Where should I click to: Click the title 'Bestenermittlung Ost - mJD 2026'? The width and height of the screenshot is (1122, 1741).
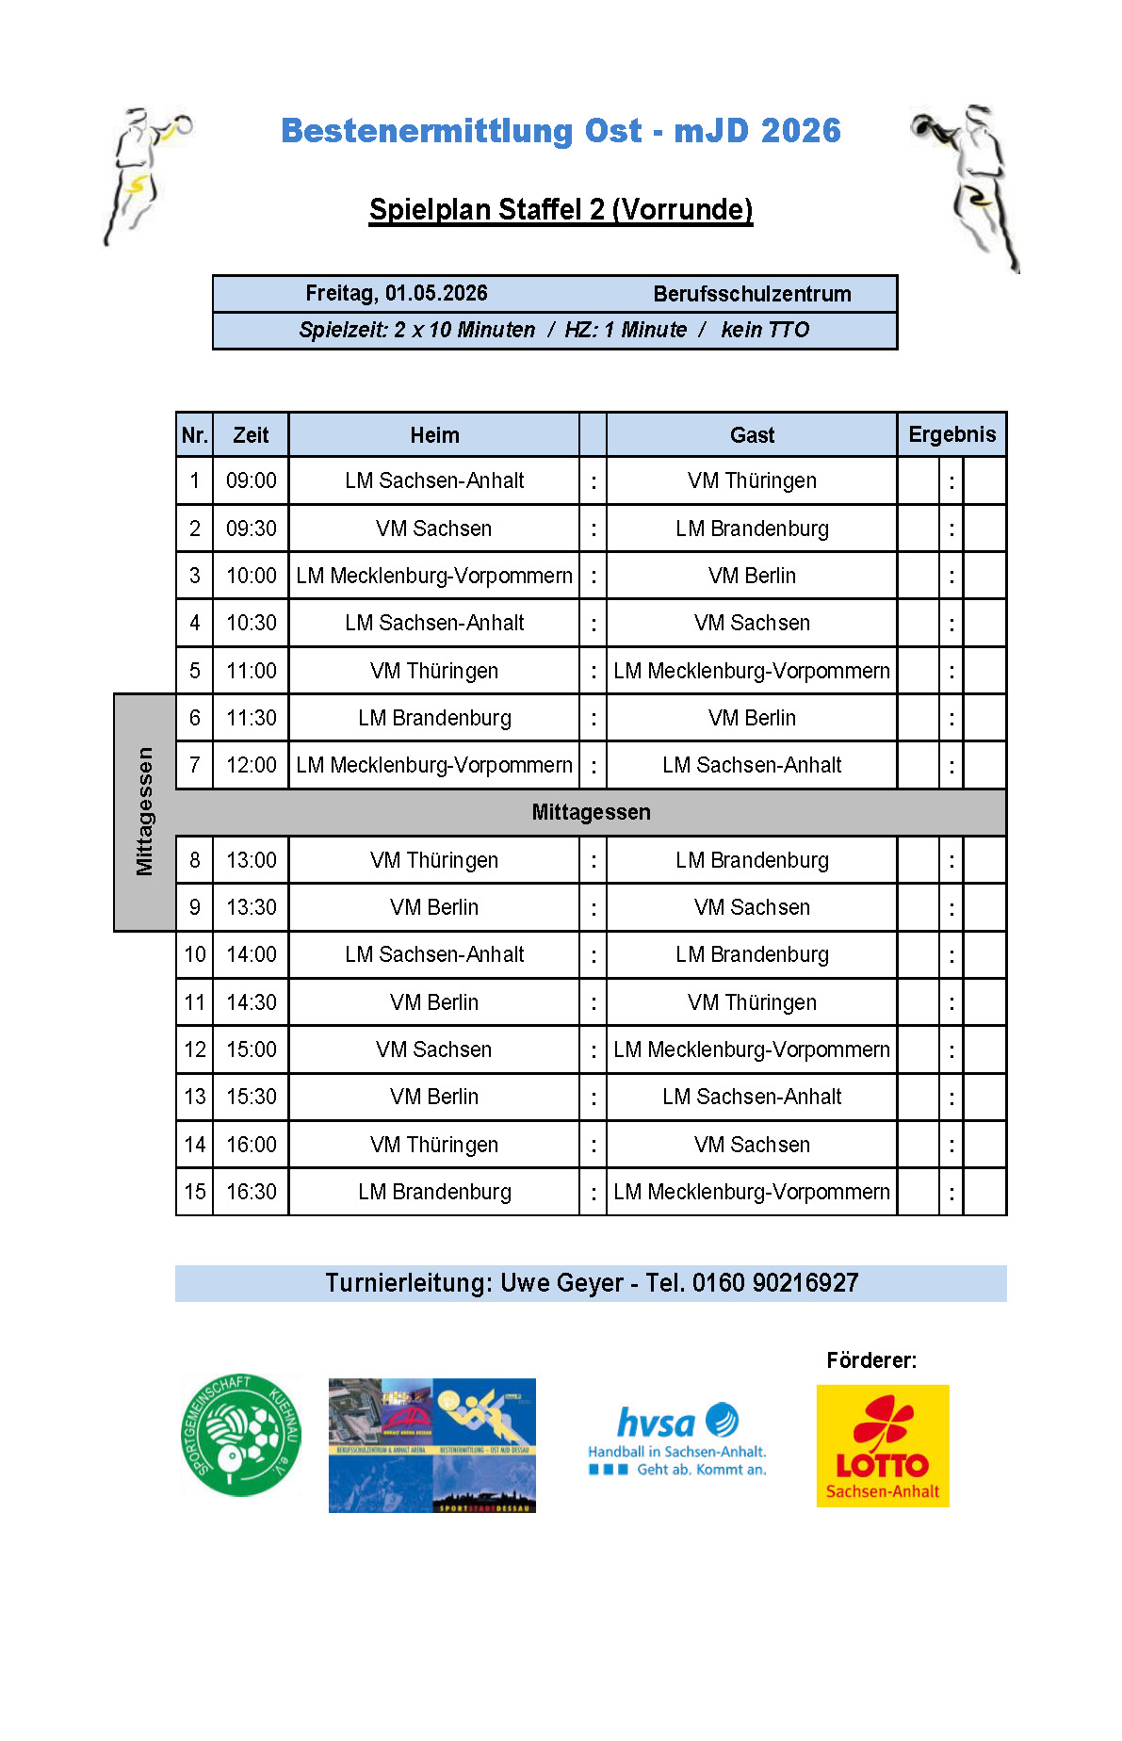[561, 131]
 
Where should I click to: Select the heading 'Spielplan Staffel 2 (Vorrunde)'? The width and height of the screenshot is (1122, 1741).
[561, 209]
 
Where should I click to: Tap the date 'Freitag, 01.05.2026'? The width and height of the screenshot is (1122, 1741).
[397, 293]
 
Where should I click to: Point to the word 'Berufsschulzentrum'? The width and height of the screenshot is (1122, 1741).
[752, 294]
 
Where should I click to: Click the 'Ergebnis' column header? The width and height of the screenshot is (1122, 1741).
[951, 434]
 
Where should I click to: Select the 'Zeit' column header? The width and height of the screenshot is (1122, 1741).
[251, 435]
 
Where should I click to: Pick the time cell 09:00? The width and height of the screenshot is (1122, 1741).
[251, 480]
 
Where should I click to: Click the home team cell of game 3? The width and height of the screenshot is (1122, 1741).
[434, 576]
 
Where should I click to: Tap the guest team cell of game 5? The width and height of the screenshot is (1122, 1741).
[752, 671]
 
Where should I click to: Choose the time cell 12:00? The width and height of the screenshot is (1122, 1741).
[251, 765]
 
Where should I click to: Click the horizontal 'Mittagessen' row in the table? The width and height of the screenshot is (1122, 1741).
[591, 812]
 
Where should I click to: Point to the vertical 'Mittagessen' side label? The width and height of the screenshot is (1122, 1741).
[144, 812]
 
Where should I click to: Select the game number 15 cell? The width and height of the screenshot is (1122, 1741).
[195, 1192]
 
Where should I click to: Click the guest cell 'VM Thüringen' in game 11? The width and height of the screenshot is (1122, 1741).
[752, 1002]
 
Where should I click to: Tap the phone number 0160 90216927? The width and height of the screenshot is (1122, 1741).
[775, 1283]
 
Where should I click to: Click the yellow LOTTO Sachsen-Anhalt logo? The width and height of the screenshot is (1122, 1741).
[883, 1445]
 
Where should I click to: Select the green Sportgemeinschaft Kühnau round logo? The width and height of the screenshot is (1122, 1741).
[241, 1435]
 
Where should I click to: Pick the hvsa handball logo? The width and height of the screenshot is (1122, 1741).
[677, 1440]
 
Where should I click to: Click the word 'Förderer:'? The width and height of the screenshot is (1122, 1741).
[871, 1360]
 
